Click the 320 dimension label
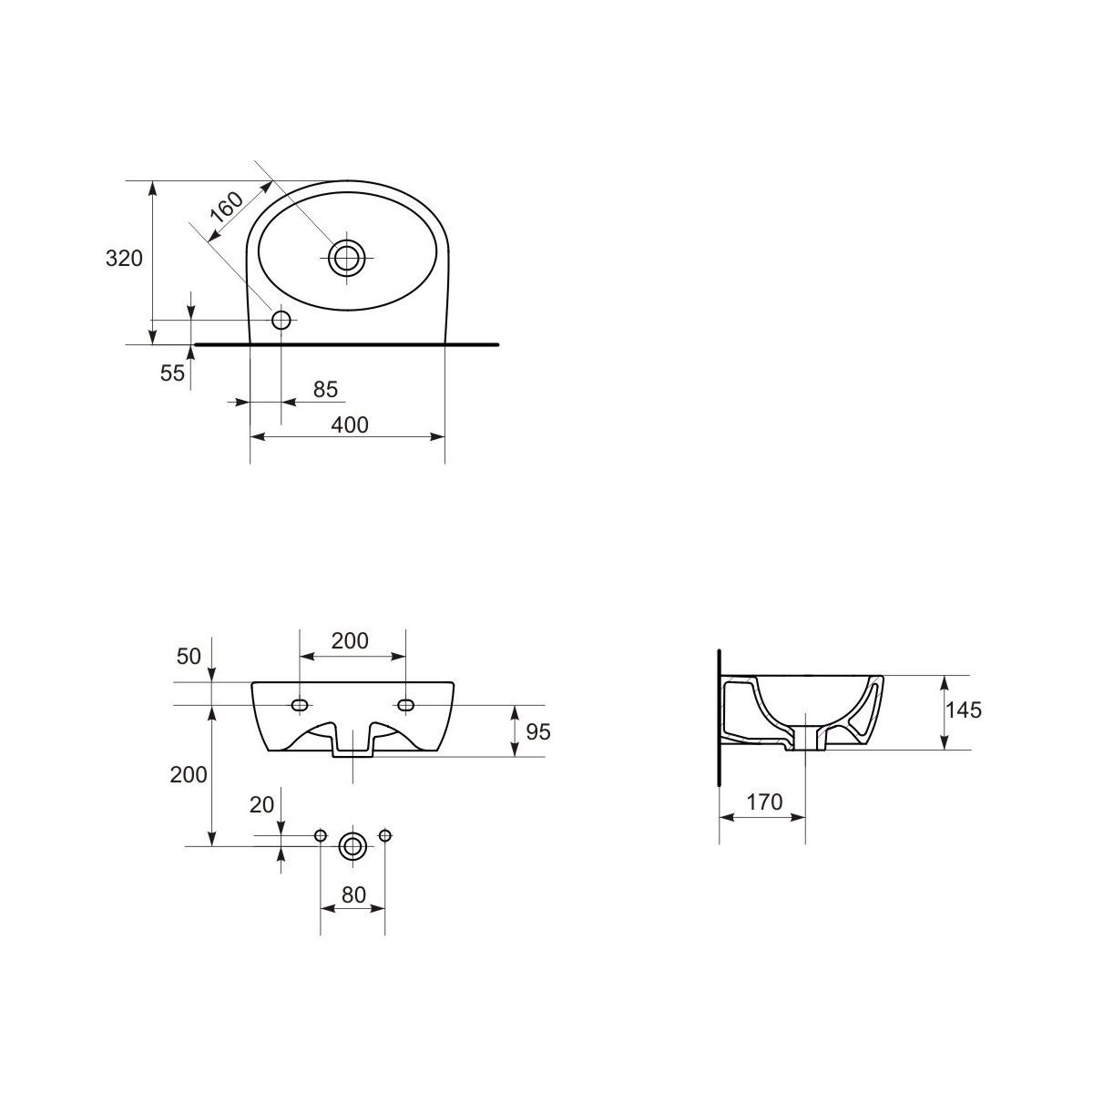click(124, 259)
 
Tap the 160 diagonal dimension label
click(226, 207)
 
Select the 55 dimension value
click(172, 373)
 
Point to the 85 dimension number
click(325, 390)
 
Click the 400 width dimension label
click(350, 424)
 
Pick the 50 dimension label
click(189, 657)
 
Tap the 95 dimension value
click(538, 732)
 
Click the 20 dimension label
click(262, 805)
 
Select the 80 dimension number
click(353, 895)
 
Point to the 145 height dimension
click(964, 710)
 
